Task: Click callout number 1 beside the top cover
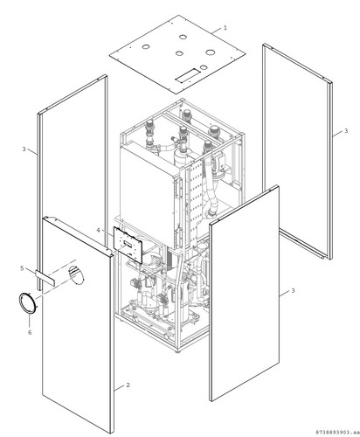[225, 28]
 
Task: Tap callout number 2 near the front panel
[128, 385]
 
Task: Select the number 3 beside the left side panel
[24, 149]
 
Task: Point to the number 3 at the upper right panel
[346, 131]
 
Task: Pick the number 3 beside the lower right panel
[293, 290]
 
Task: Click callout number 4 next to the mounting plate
[98, 230]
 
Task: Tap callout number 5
[22, 268]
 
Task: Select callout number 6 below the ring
[30, 332]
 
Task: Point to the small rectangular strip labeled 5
[45, 278]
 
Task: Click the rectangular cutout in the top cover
[187, 75]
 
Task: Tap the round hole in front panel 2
[76, 274]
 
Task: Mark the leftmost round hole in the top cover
[145, 46]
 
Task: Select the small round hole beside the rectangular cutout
[204, 67]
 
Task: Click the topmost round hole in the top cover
[183, 37]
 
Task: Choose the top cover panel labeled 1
[177, 54]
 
